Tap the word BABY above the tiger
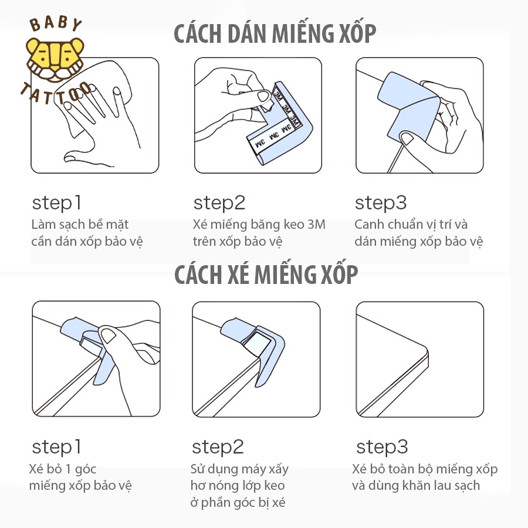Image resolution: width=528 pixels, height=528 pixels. point(56,24)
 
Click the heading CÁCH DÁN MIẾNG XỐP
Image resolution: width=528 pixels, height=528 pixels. point(275,33)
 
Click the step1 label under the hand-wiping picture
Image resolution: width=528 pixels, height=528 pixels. point(56,203)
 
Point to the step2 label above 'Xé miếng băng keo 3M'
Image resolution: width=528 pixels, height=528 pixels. point(219,203)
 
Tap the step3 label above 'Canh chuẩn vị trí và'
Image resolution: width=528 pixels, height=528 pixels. point(381,203)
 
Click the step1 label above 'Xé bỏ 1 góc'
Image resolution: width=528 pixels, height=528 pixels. point(56,447)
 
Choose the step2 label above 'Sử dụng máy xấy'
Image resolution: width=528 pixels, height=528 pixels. point(218,447)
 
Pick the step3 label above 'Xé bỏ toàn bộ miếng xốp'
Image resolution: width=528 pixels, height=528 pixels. point(382,447)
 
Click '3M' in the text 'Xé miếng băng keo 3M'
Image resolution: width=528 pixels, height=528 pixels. point(317,224)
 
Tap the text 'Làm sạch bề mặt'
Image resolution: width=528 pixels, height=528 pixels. point(80,225)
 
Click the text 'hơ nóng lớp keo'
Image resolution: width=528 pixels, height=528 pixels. point(238,486)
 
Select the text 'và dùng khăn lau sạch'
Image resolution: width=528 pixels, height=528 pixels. point(416,486)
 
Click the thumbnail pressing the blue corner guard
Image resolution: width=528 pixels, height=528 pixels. point(419,115)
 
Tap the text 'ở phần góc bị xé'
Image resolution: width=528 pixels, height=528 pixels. point(238,502)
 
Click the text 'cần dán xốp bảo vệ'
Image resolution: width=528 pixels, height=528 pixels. point(87,242)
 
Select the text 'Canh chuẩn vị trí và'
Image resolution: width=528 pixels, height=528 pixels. point(411,225)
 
